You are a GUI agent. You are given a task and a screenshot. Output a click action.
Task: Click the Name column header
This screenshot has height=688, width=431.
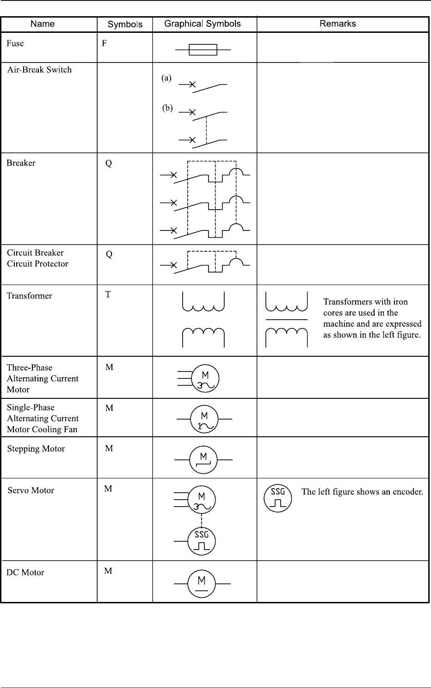(x=43, y=24)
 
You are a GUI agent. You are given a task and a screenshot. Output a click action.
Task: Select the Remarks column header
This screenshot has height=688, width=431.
(x=338, y=24)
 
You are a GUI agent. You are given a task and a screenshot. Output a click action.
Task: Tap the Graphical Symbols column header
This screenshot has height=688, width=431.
(x=203, y=24)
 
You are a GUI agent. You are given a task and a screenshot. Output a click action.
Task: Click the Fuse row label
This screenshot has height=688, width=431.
(x=15, y=43)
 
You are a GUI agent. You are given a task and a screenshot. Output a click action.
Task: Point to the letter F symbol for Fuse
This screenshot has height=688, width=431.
(x=104, y=43)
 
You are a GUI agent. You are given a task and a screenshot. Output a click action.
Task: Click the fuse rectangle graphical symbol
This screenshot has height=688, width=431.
(x=203, y=49)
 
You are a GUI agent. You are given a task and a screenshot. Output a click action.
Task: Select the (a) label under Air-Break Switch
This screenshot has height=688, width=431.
(x=166, y=78)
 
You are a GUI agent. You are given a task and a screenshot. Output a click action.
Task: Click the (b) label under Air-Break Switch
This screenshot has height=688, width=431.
(x=167, y=108)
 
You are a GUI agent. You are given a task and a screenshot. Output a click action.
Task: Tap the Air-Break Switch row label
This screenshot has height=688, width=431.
(x=39, y=70)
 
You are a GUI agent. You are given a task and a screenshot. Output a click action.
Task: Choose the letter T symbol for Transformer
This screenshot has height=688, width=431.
(x=108, y=294)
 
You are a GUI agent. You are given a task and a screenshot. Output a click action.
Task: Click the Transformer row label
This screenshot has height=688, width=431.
(x=29, y=296)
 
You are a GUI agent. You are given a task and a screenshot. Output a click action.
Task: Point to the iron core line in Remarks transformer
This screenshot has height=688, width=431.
(x=286, y=320)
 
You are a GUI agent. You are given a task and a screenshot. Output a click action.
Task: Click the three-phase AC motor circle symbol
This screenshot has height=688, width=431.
(x=205, y=379)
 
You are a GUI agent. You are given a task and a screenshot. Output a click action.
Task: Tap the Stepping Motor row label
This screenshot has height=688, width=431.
(x=36, y=449)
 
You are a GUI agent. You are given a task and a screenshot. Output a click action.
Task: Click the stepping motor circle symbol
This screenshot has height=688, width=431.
(x=203, y=460)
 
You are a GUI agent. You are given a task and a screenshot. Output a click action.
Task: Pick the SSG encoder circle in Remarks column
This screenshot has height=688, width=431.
(x=277, y=498)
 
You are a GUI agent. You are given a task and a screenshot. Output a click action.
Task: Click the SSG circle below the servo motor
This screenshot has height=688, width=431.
(x=202, y=541)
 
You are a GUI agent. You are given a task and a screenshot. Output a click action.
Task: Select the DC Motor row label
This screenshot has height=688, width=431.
(x=25, y=572)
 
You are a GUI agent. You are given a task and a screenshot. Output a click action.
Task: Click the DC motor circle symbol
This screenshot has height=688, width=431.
(x=202, y=584)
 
